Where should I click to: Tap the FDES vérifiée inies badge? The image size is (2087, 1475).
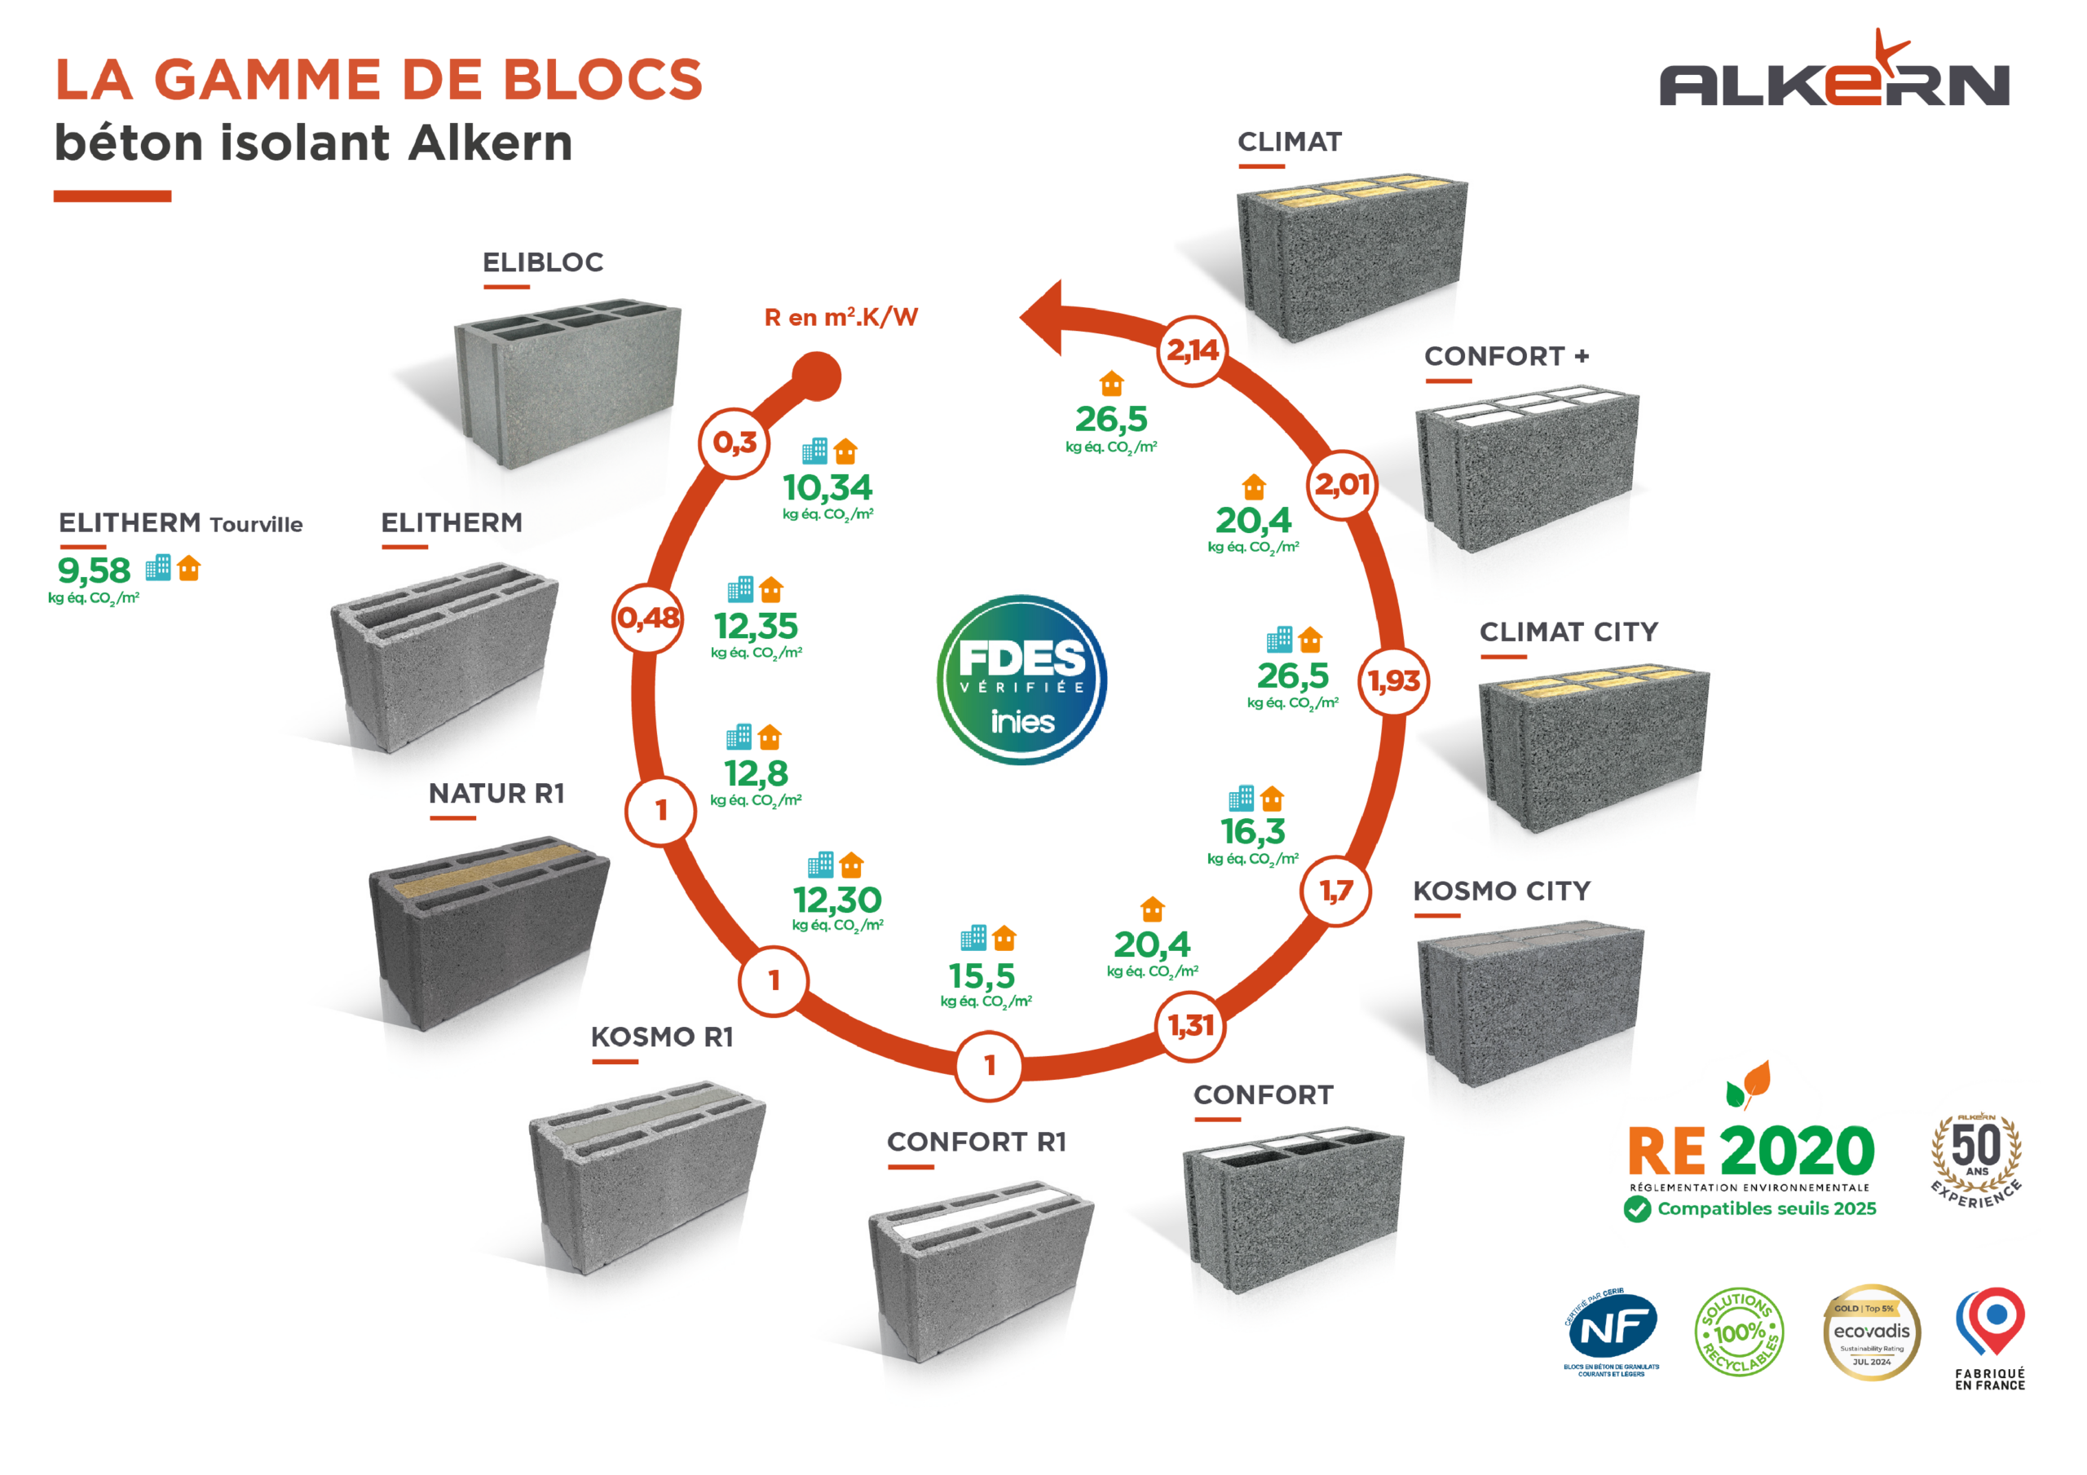pyautogui.click(x=1021, y=680)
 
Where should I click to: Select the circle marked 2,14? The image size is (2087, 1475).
pyautogui.click(x=1193, y=350)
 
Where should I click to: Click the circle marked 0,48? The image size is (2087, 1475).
pyautogui.click(x=647, y=618)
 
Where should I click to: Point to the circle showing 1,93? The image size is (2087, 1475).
pyautogui.click(x=1393, y=680)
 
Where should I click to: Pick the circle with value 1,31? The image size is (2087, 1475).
pyautogui.click(x=1191, y=1027)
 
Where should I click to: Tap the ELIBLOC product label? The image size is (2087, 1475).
pyautogui.click(x=543, y=262)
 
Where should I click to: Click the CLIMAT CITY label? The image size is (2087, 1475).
pyautogui.click(x=1568, y=632)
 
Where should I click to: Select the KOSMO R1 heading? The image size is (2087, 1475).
pyautogui.click(x=662, y=1037)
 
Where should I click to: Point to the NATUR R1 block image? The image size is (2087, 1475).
pyautogui.click(x=488, y=931)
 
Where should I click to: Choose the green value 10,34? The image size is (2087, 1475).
pyautogui.click(x=827, y=488)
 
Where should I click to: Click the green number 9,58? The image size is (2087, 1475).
pyautogui.click(x=95, y=570)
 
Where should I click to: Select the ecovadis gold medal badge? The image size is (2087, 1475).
pyautogui.click(x=1872, y=1332)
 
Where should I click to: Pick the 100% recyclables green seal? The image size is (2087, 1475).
pyautogui.click(x=1739, y=1332)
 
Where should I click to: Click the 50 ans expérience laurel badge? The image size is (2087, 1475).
pyautogui.click(x=1976, y=1160)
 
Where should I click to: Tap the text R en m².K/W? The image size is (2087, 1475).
pyautogui.click(x=841, y=317)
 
